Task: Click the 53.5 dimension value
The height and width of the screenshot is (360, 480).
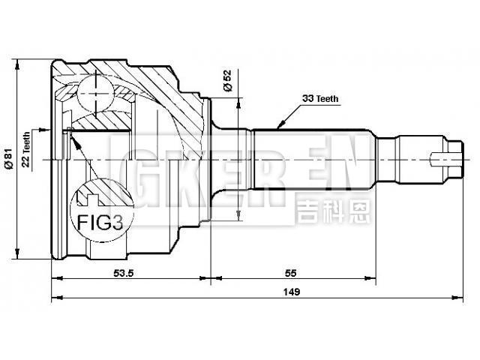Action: (124, 272)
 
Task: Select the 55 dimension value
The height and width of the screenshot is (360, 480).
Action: (292, 272)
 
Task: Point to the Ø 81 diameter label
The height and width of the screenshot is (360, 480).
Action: (8, 159)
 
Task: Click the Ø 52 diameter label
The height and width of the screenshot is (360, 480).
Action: (227, 81)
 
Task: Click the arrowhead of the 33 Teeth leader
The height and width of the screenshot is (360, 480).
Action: (277, 124)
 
